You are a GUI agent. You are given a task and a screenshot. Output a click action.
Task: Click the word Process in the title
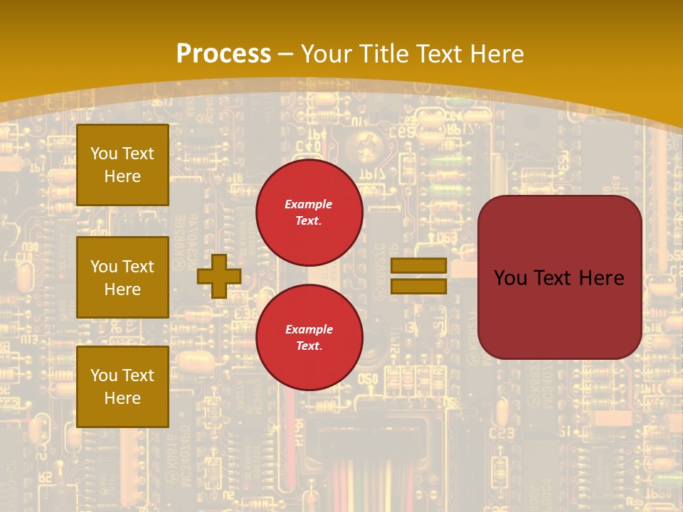[x=223, y=54]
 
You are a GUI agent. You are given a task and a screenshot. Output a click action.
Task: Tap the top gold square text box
[x=122, y=165]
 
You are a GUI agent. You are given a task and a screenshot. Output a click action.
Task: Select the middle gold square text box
[x=122, y=277]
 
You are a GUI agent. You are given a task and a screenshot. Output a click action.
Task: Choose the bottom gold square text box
[x=122, y=387]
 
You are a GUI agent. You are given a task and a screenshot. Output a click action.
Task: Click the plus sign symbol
[x=218, y=276]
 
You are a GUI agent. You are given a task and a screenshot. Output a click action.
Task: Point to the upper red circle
[x=309, y=213]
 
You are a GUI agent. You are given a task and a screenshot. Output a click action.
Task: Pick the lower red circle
[x=309, y=337]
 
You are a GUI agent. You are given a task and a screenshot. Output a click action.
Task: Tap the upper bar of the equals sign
[x=418, y=265]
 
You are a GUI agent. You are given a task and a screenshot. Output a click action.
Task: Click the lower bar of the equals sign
[x=418, y=286]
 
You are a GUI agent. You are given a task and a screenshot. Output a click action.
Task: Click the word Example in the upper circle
[x=308, y=204]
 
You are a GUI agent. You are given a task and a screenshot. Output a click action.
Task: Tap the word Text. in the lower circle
[x=309, y=346]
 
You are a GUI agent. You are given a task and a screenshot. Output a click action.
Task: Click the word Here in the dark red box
[x=601, y=278]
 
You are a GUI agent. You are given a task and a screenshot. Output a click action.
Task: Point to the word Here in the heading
[x=497, y=54]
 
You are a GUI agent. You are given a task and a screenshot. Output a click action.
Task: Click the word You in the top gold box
[x=104, y=154]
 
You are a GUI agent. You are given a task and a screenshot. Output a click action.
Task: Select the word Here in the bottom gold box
[x=122, y=398]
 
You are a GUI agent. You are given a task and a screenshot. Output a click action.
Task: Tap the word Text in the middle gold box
[x=138, y=267]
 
